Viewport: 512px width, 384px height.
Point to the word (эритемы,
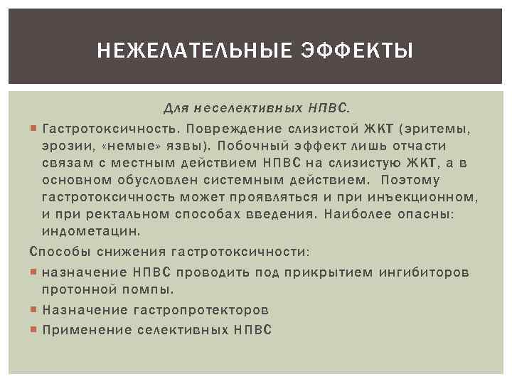435,129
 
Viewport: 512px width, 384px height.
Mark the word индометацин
92,231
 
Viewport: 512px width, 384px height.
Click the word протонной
76,289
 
